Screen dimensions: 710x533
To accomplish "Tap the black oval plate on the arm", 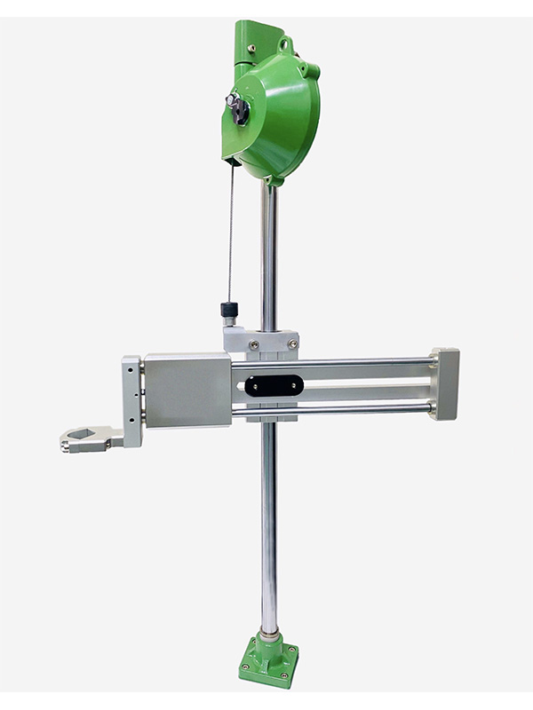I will click(x=274, y=384).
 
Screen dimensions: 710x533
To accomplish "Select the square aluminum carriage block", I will click(x=187, y=390).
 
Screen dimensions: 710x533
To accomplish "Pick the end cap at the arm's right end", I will click(x=445, y=382).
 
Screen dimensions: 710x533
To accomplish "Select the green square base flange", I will click(x=268, y=662).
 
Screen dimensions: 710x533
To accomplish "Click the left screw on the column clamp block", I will click(x=254, y=343).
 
